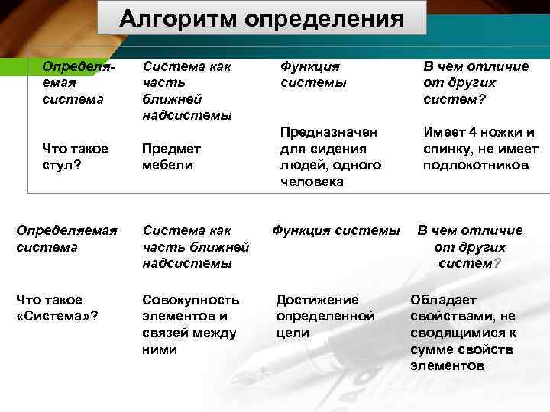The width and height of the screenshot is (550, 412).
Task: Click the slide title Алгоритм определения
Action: pyautogui.click(x=261, y=18)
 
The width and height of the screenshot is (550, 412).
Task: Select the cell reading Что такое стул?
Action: pyautogui.click(x=75, y=156)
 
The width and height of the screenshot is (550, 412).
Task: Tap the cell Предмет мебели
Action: pyautogui.click(x=171, y=156)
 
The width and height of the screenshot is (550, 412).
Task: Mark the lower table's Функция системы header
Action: pyautogui.click(x=336, y=230)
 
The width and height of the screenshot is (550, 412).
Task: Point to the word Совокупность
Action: pyautogui.click(x=191, y=300)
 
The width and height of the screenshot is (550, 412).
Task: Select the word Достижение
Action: pyautogui.click(x=317, y=300)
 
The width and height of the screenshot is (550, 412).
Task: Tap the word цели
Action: pyautogui.click(x=293, y=333)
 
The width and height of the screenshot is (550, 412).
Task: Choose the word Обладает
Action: pyautogui.click(x=445, y=299)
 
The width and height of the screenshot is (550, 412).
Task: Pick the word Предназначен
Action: pyautogui.click(x=328, y=131)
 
